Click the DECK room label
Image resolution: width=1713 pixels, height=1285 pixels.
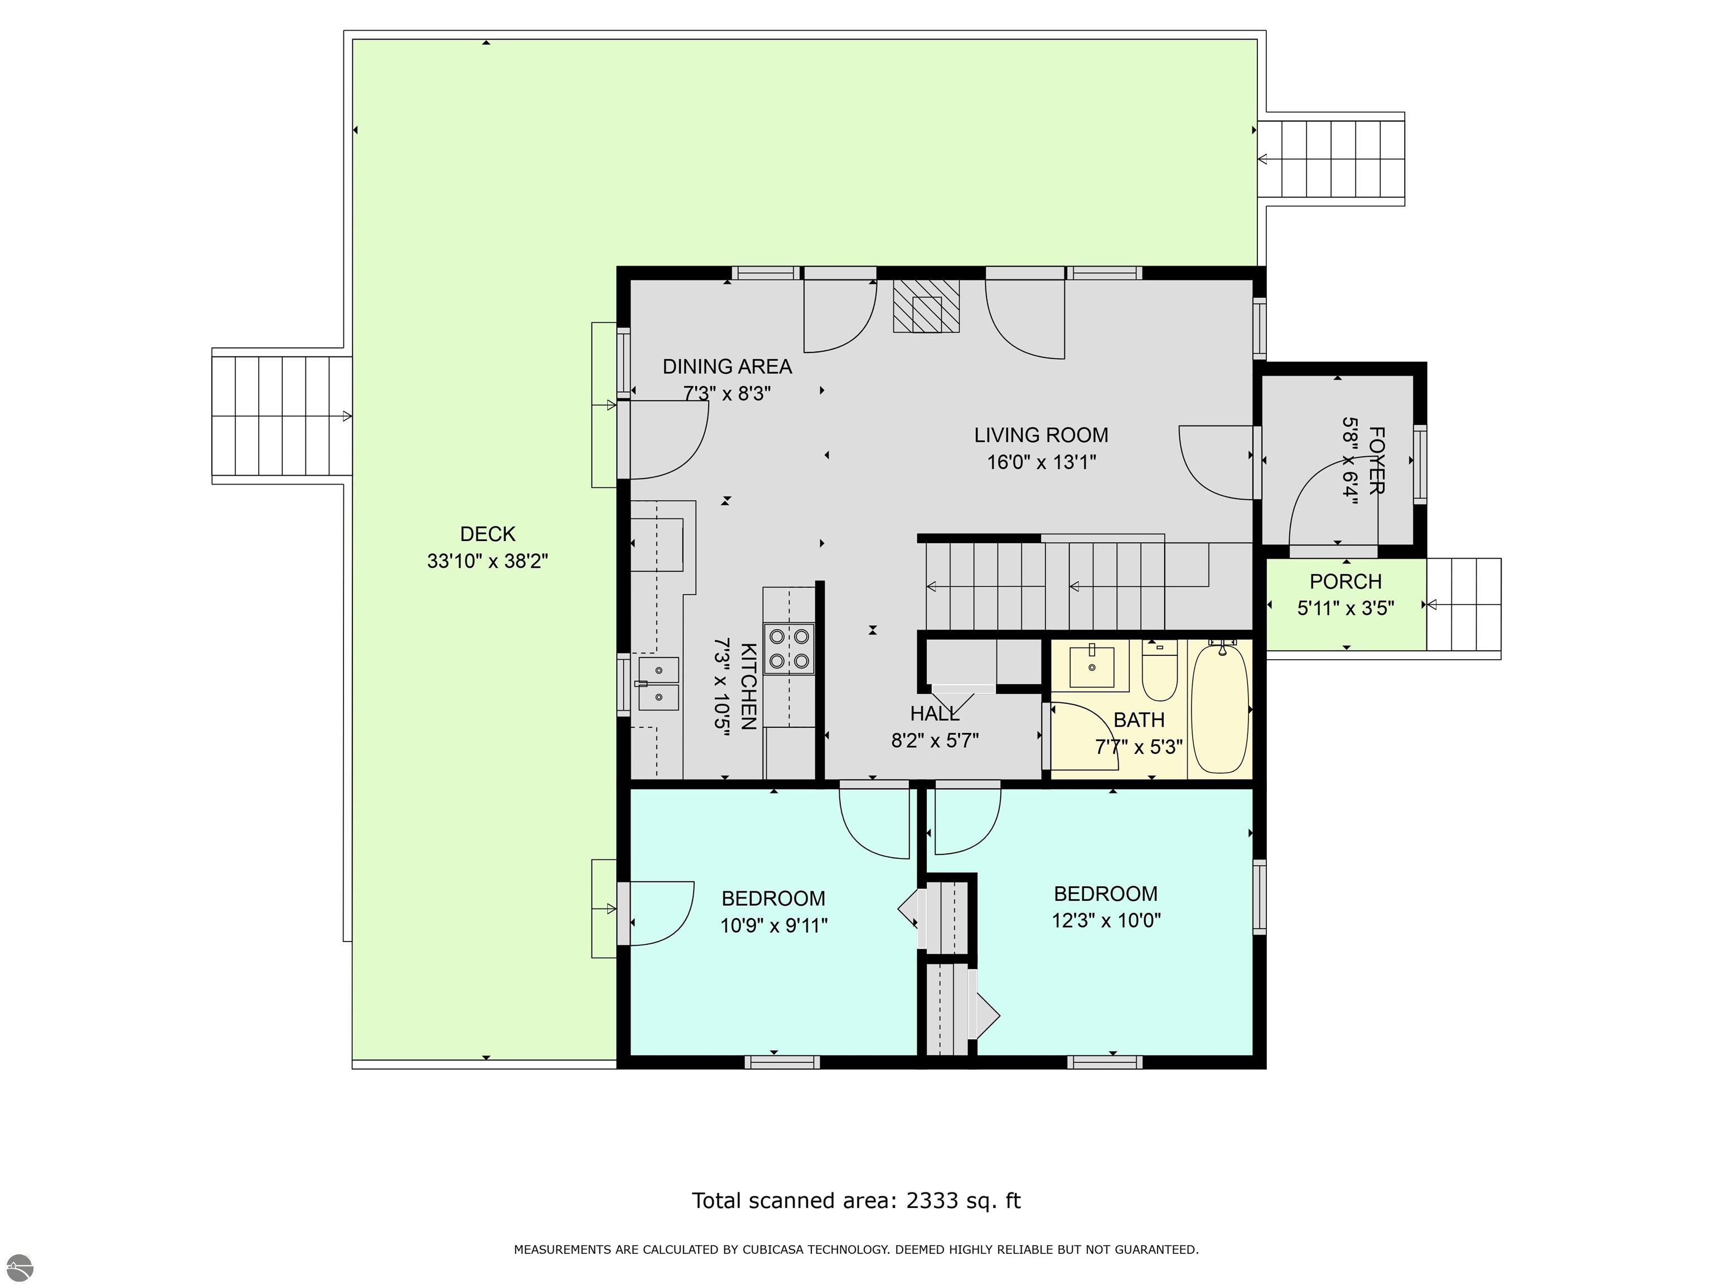pos(488,534)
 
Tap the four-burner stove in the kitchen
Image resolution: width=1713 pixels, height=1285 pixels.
pos(789,648)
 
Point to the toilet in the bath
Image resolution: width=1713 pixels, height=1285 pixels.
pos(1159,670)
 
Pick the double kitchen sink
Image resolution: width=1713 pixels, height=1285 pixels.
pos(658,684)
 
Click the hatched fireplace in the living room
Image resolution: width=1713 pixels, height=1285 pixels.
pos(926,306)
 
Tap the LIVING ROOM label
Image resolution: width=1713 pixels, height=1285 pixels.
pos(1041,435)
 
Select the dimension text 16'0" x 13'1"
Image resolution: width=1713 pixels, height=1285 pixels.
pos(1041,462)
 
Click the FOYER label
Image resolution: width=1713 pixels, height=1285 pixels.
pos(1376,460)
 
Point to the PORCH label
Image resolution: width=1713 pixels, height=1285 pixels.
pos(1346,582)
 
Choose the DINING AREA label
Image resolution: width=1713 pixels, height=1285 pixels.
pos(727,366)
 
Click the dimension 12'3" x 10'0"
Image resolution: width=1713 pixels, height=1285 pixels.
pos(1106,920)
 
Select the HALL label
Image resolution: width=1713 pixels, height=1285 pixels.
pos(935,713)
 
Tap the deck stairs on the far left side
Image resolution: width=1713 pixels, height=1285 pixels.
pos(282,416)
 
